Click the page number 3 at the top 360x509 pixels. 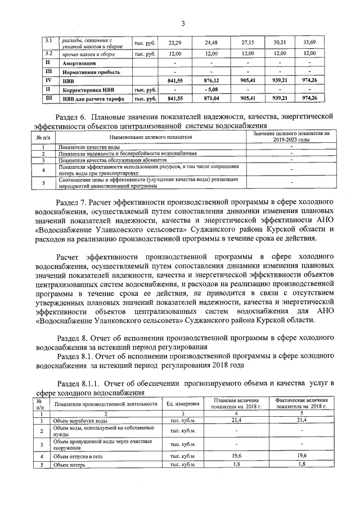[x=183, y=23]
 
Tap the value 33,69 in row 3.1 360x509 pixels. [x=309, y=43]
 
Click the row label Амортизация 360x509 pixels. [x=79, y=64]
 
